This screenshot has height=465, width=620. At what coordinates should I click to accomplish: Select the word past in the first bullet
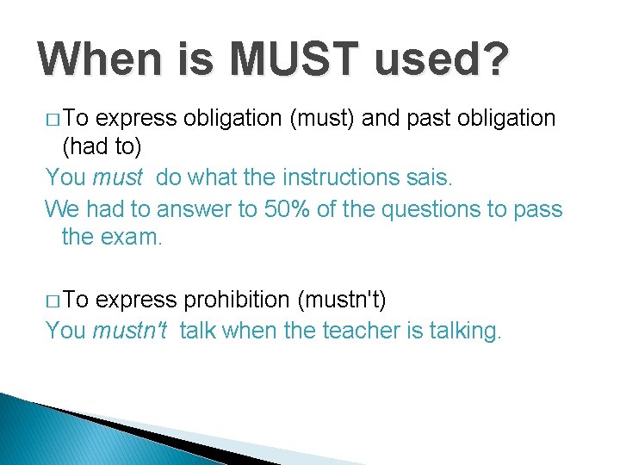tap(424, 118)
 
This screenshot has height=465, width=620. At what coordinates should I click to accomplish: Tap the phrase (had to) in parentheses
tap(102, 147)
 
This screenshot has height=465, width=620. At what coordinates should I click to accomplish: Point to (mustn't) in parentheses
tap(341, 301)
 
